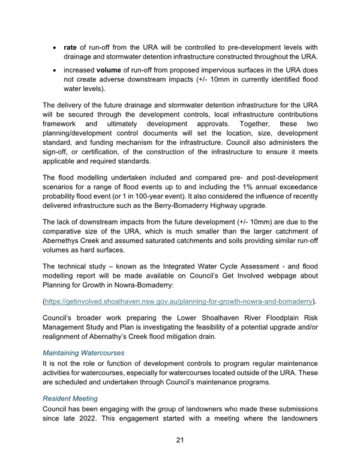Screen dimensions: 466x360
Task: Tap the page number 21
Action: [179, 440]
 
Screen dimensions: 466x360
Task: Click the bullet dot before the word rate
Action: [55, 46]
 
